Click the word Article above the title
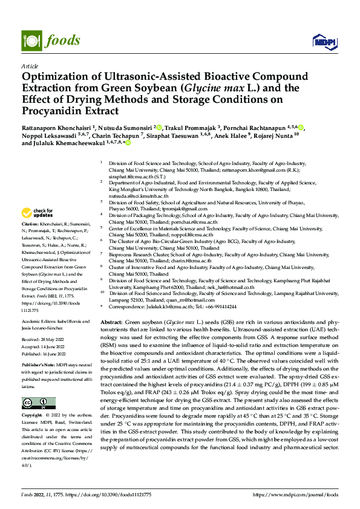(x=30, y=65)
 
